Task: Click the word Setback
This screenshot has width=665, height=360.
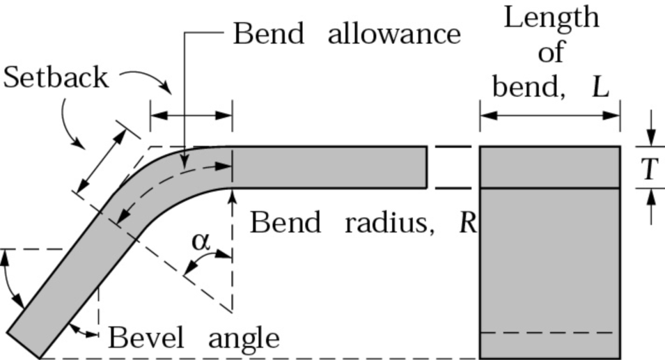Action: pos(56,77)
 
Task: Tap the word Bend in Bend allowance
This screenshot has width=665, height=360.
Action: pos(268,33)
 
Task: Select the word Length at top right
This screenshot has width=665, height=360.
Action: pos(551,17)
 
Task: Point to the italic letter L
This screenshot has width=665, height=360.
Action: pos(600,87)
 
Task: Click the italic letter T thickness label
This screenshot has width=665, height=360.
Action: pos(650,168)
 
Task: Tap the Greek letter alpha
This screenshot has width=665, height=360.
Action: pos(201,241)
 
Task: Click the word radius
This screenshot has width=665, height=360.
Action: pos(390,223)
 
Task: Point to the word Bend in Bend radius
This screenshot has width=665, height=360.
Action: pos(285,223)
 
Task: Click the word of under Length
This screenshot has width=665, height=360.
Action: pos(551,52)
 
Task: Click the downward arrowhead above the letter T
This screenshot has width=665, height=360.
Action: pos(650,139)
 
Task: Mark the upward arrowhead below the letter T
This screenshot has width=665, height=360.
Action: pos(650,196)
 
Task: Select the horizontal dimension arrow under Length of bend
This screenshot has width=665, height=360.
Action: pos(549,114)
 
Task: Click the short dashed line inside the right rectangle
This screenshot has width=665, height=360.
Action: pos(549,333)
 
